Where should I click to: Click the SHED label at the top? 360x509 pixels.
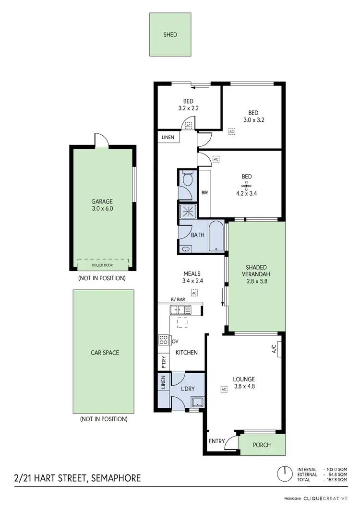[x=170, y=35]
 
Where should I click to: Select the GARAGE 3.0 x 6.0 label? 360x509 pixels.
[x=102, y=205]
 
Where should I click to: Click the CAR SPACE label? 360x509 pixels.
[x=105, y=353]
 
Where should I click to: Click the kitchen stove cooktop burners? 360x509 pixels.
[x=164, y=341]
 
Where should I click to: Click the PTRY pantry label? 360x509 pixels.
[x=163, y=361]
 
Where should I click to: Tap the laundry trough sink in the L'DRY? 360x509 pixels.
[x=197, y=402]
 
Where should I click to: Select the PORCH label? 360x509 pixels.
[x=262, y=445]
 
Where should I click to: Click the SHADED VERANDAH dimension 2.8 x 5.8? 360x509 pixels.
[x=254, y=282]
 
